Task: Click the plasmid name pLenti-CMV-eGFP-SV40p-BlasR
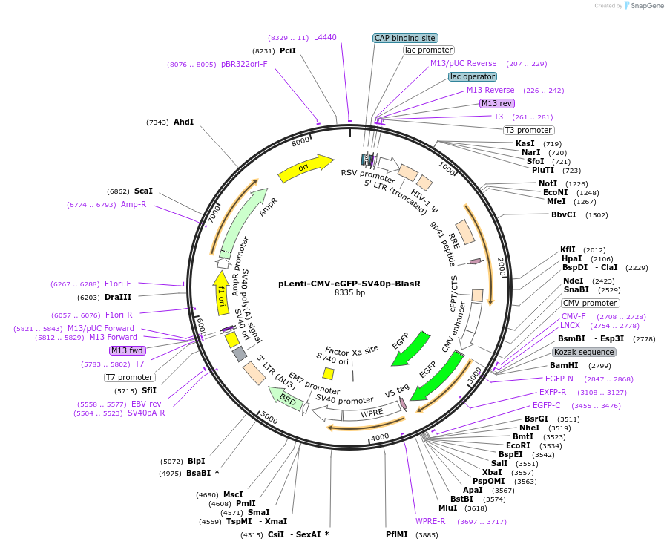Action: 349,283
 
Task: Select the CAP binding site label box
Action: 405,38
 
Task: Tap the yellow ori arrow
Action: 306,168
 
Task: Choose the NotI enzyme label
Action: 548,183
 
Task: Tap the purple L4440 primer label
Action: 325,37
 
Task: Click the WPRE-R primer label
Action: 430,521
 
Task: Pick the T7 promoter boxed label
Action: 129,377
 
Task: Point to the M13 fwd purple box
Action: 127,350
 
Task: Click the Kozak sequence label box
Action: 584,352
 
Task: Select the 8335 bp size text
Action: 349,293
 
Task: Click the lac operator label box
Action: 473,76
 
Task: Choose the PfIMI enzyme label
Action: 396,534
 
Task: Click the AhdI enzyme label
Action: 183,122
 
